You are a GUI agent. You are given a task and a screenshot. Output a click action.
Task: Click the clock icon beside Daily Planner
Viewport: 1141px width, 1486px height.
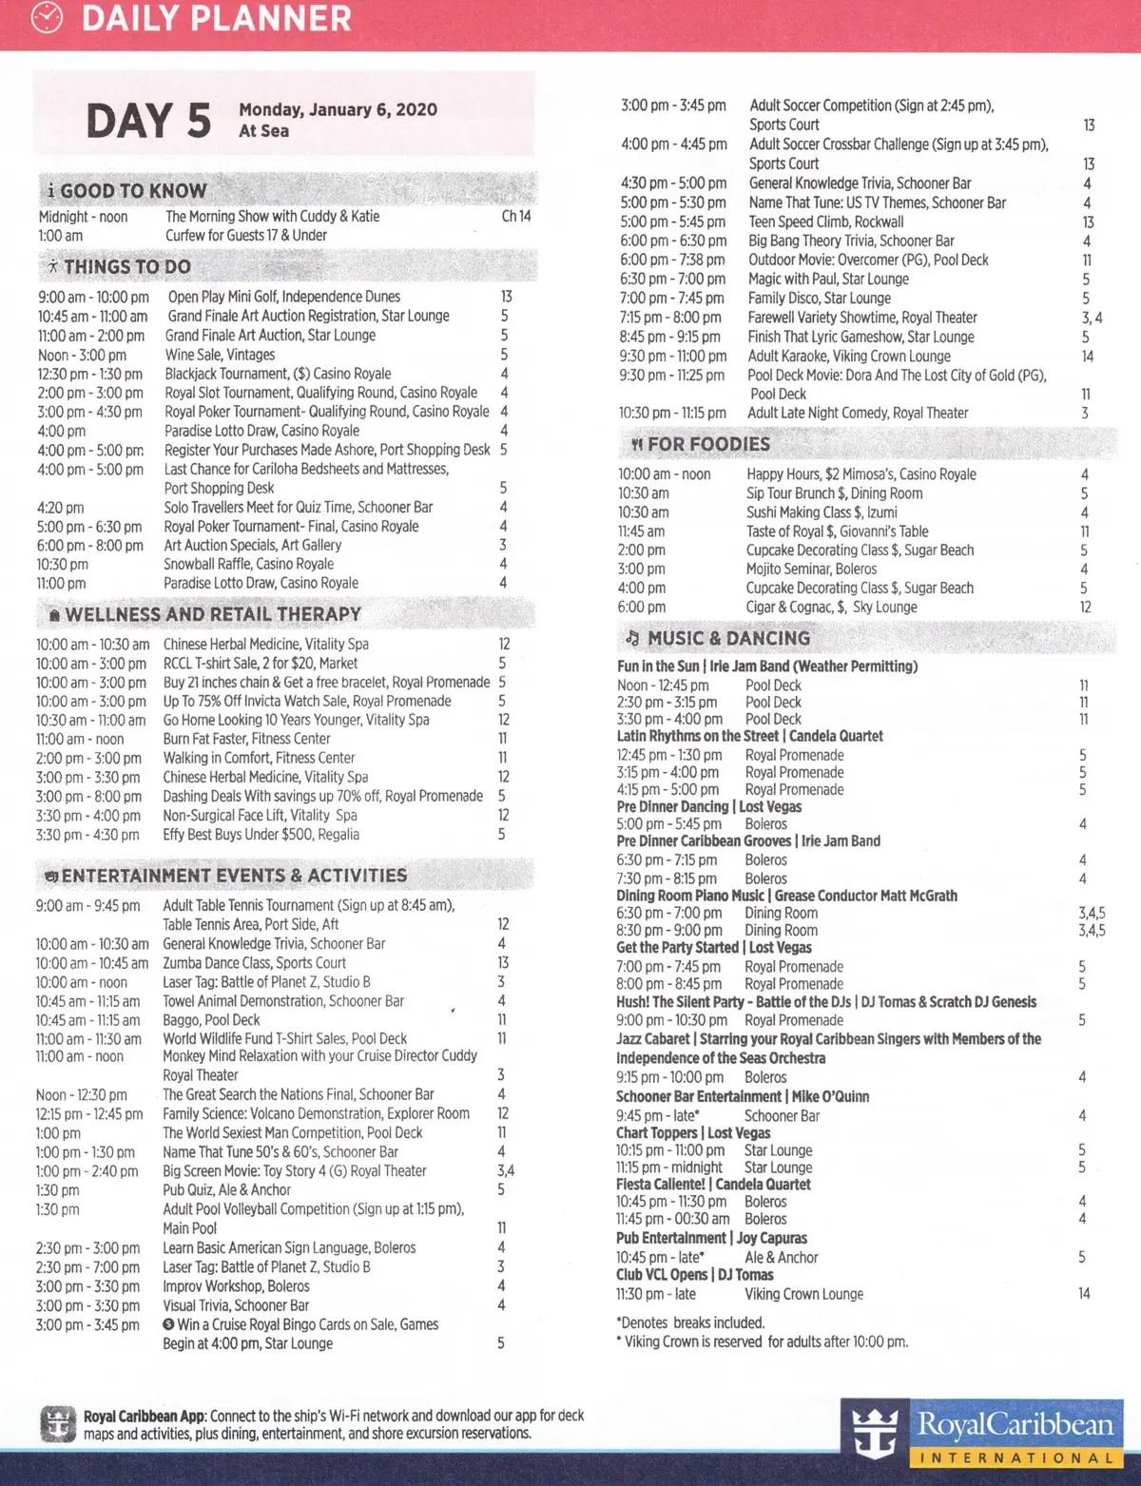point(47,18)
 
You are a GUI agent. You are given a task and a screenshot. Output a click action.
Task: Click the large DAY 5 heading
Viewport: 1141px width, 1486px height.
point(148,121)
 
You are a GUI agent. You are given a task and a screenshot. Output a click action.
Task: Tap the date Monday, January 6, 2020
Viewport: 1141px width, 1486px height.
point(338,109)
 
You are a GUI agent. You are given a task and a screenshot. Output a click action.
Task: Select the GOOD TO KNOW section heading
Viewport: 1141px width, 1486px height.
point(132,190)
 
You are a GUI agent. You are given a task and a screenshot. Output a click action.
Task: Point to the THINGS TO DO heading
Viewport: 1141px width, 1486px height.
point(126,267)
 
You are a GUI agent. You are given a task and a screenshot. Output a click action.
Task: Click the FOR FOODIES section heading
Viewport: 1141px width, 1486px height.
point(708,444)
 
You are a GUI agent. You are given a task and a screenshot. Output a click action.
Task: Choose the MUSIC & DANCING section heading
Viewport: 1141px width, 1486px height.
point(728,638)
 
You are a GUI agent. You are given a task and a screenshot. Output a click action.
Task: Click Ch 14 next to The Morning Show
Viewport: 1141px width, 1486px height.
point(515,216)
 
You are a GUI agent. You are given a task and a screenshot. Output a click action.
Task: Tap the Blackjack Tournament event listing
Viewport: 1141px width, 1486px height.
point(278,374)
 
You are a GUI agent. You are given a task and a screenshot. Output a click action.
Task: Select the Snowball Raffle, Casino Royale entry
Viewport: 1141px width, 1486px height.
point(248,564)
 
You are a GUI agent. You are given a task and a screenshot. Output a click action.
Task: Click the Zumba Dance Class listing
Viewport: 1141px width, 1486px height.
point(254,962)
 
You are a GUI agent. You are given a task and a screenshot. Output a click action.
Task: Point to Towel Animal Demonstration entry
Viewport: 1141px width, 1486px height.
point(282,1000)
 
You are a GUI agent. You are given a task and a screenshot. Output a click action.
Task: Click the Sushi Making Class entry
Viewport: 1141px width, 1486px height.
point(821,511)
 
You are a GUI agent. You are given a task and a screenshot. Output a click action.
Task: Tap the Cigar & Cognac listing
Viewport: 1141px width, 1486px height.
point(831,607)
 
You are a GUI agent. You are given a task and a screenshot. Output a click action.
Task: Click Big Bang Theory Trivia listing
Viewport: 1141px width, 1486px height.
point(851,241)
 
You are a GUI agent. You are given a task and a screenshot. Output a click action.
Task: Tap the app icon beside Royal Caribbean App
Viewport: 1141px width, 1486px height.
point(59,1424)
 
